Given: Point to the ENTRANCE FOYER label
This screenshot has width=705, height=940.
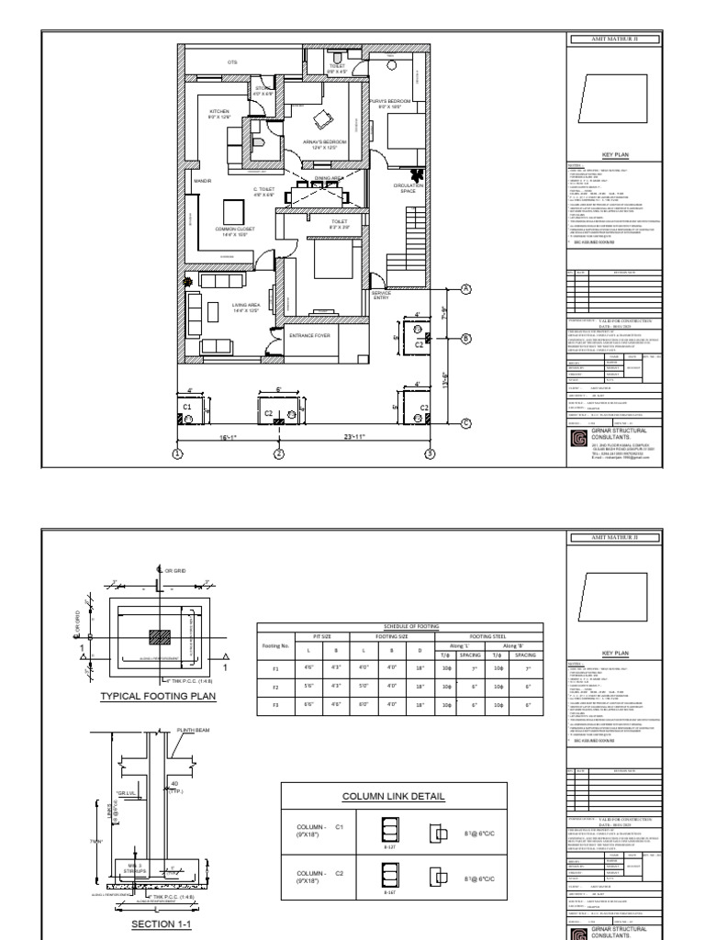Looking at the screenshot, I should point(309,336).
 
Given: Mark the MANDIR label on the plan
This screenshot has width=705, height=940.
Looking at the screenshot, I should point(203,182).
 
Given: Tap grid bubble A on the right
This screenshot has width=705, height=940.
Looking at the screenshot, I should point(465,289).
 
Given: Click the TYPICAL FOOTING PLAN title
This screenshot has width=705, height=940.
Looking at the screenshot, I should point(146,697).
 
